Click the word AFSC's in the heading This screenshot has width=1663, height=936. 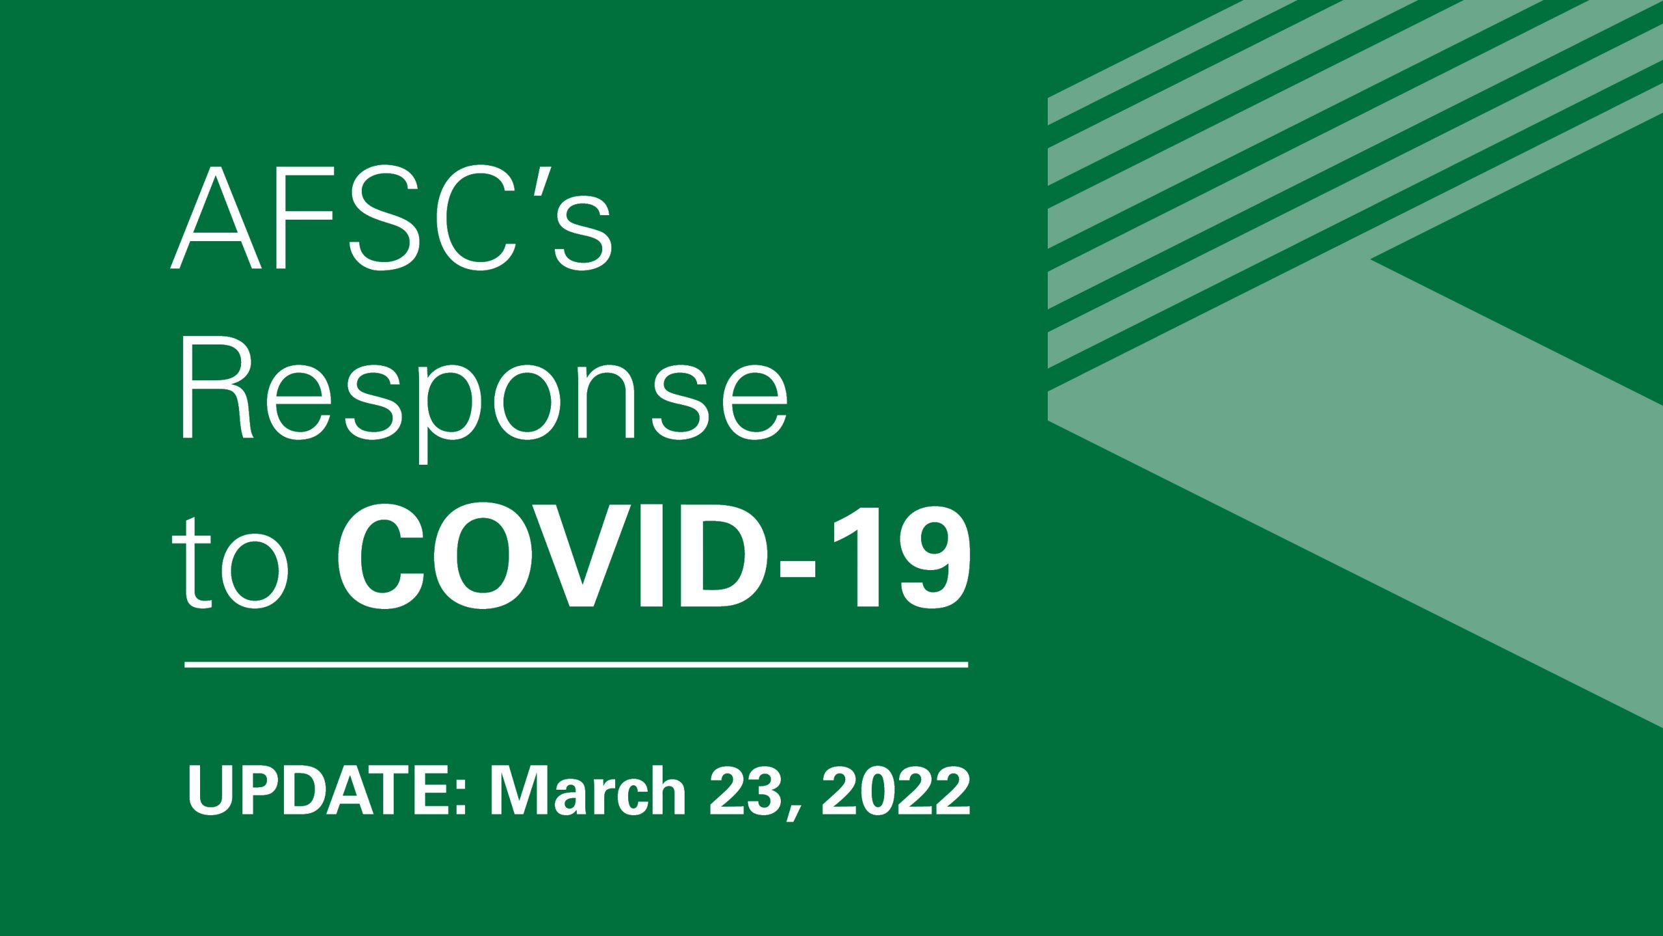point(392,218)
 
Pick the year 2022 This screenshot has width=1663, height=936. point(896,791)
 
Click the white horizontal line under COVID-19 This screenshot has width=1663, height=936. point(576,665)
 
